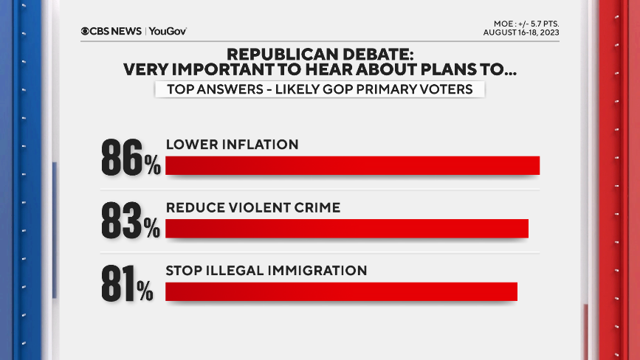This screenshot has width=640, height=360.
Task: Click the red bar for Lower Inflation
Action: click(353, 166)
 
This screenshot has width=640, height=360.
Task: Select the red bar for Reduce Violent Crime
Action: click(347, 229)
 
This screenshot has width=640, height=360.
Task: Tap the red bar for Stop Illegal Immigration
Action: click(341, 291)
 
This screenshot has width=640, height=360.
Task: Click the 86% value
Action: click(131, 156)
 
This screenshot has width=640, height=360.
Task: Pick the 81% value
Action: click(127, 283)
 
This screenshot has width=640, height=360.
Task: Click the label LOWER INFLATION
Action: click(233, 145)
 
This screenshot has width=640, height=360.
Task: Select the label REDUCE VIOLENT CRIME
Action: click(253, 208)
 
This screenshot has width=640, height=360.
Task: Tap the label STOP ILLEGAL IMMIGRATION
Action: click(266, 271)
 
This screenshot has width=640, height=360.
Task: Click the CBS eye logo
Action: click(86, 31)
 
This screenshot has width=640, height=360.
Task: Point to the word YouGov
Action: click(168, 31)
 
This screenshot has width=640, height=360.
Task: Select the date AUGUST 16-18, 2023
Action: click(521, 32)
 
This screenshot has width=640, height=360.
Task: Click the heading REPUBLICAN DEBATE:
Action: click(320, 55)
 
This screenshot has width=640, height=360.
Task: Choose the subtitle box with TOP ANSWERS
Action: click(320, 89)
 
